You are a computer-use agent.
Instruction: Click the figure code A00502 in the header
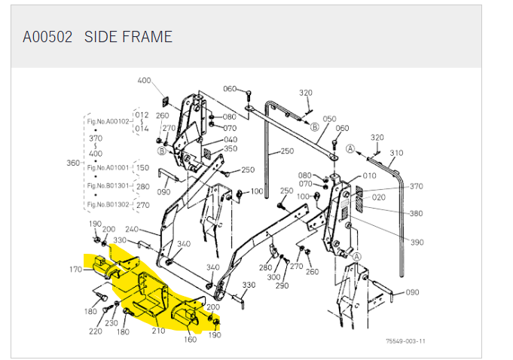47,37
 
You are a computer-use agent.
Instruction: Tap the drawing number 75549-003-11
405,341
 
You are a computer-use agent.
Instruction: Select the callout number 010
369,176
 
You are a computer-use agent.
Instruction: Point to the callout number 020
378,197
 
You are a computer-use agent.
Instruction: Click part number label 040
231,139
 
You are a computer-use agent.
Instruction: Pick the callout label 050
329,119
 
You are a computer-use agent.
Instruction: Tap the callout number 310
396,153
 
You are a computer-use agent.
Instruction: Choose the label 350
231,149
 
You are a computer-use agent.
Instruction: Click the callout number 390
417,243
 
